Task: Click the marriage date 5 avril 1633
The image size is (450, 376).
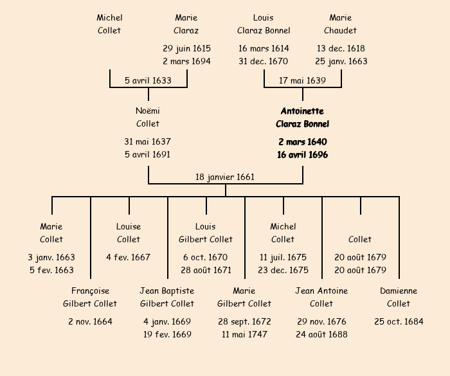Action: pos(148,80)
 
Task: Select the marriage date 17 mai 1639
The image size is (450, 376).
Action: pos(302,80)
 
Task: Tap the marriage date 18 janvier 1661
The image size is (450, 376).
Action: pos(225,177)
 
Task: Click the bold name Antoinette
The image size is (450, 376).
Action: pos(302,111)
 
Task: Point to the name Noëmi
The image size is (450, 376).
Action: pos(148,111)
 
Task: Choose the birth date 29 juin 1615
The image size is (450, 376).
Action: pos(186,48)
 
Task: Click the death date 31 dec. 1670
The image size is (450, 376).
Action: pos(264,62)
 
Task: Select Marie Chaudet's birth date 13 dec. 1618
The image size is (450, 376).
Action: pos(341,48)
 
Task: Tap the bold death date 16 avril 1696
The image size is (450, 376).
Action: pos(302,155)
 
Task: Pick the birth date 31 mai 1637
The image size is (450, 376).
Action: pos(148,141)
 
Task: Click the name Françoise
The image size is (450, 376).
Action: pos(90,291)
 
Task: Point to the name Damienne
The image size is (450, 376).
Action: pos(399,291)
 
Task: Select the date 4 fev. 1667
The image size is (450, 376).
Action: pos(129,257)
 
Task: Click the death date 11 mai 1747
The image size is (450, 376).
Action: pos(244,334)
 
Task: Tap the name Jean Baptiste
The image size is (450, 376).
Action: pos(167,291)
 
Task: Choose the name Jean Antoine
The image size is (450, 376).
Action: pos(321,291)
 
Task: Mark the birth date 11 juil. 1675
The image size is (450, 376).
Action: pos(283,257)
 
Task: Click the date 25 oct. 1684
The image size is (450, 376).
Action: pos(399,321)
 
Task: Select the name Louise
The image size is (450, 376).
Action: pos(129,227)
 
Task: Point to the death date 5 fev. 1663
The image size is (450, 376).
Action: pos(51,270)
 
